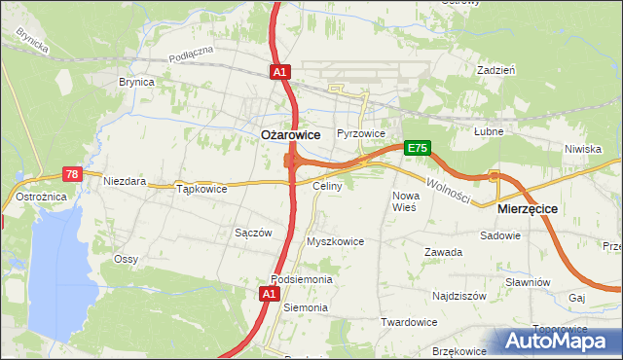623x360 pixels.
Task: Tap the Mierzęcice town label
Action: [526, 208]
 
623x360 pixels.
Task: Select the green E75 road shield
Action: [418, 148]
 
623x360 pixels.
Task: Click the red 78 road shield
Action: [72, 174]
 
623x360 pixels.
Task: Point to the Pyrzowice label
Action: [361, 133]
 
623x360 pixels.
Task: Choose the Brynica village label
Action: [136, 83]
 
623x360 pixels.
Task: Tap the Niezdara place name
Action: [126, 181]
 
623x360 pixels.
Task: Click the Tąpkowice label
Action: [202, 189]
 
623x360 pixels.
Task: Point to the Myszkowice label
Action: [335, 241]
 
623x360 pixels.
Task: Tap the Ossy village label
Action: [126, 259]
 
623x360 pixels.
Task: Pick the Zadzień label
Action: [495, 71]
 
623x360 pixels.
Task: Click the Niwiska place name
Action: [582, 149]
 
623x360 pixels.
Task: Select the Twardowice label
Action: [408, 322]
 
